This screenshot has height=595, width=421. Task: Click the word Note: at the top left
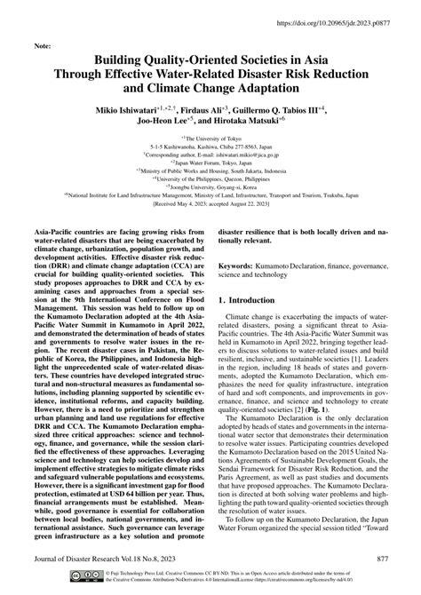click(42, 45)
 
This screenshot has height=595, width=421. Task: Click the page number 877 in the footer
click(384, 557)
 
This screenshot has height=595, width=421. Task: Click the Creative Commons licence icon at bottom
click(75, 579)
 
